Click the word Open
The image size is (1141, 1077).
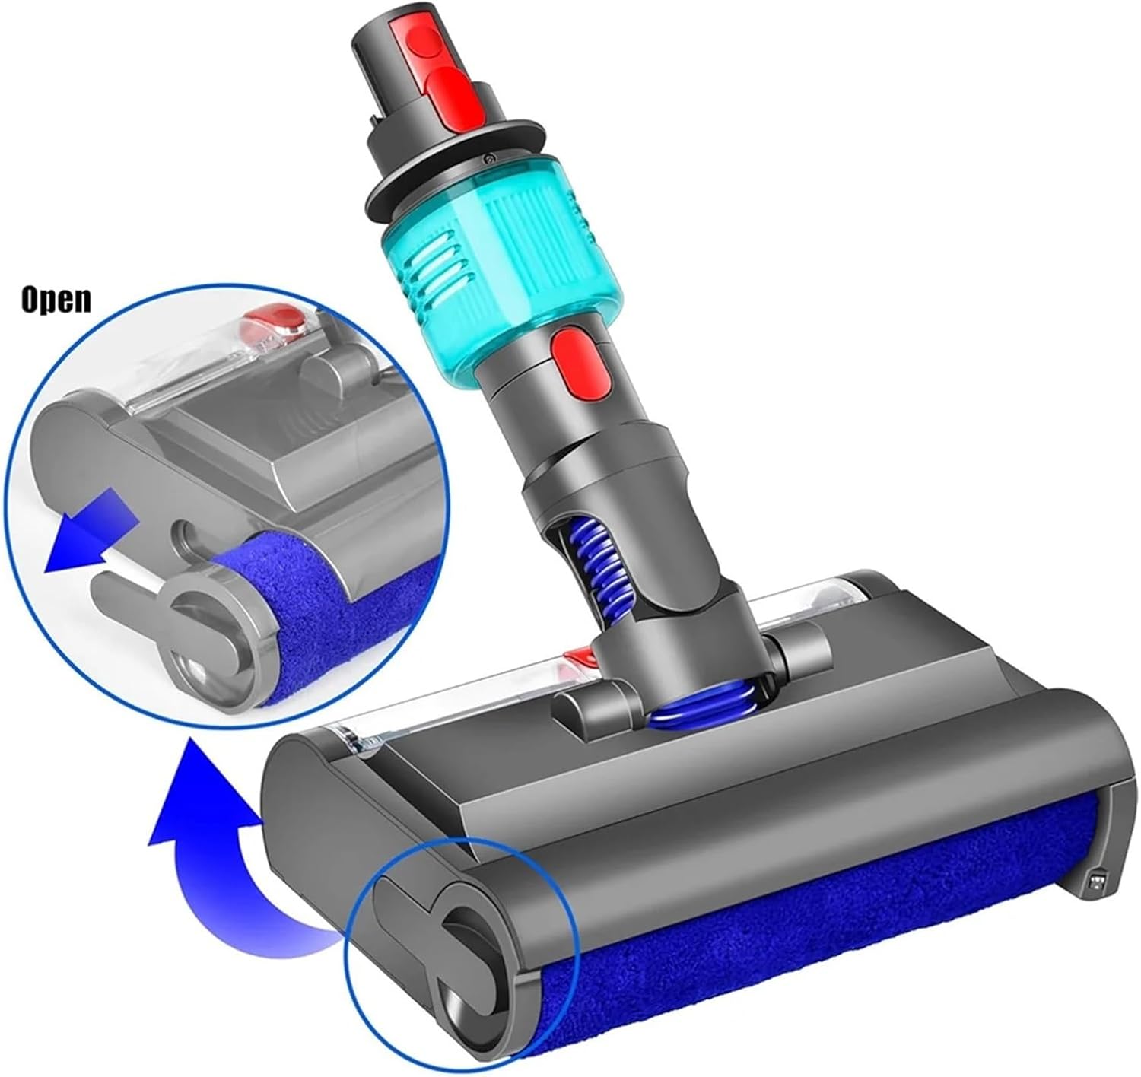[56, 299]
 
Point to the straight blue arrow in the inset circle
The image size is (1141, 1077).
[92, 541]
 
